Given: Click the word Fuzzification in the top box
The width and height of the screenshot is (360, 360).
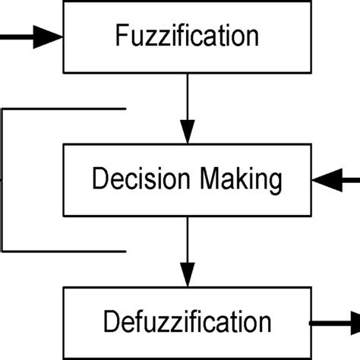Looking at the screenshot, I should coord(187,36).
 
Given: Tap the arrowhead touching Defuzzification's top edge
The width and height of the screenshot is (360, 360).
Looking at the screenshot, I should coord(187,275).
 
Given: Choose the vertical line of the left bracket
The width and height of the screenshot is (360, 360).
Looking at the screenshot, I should coord(3,179).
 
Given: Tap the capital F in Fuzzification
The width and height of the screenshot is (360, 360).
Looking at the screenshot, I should coord(120,36).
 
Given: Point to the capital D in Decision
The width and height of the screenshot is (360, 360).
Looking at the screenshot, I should coord(98,179).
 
